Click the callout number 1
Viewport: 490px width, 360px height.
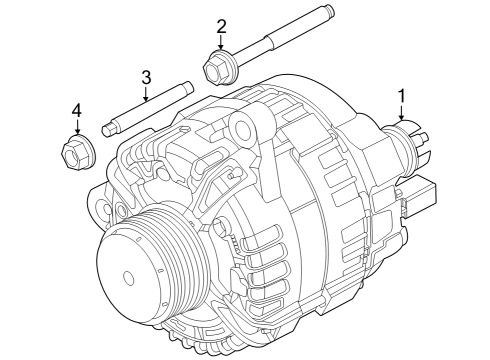pos(402,95)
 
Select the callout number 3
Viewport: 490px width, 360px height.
pos(146,76)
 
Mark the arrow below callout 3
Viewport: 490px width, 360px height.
pos(146,95)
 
